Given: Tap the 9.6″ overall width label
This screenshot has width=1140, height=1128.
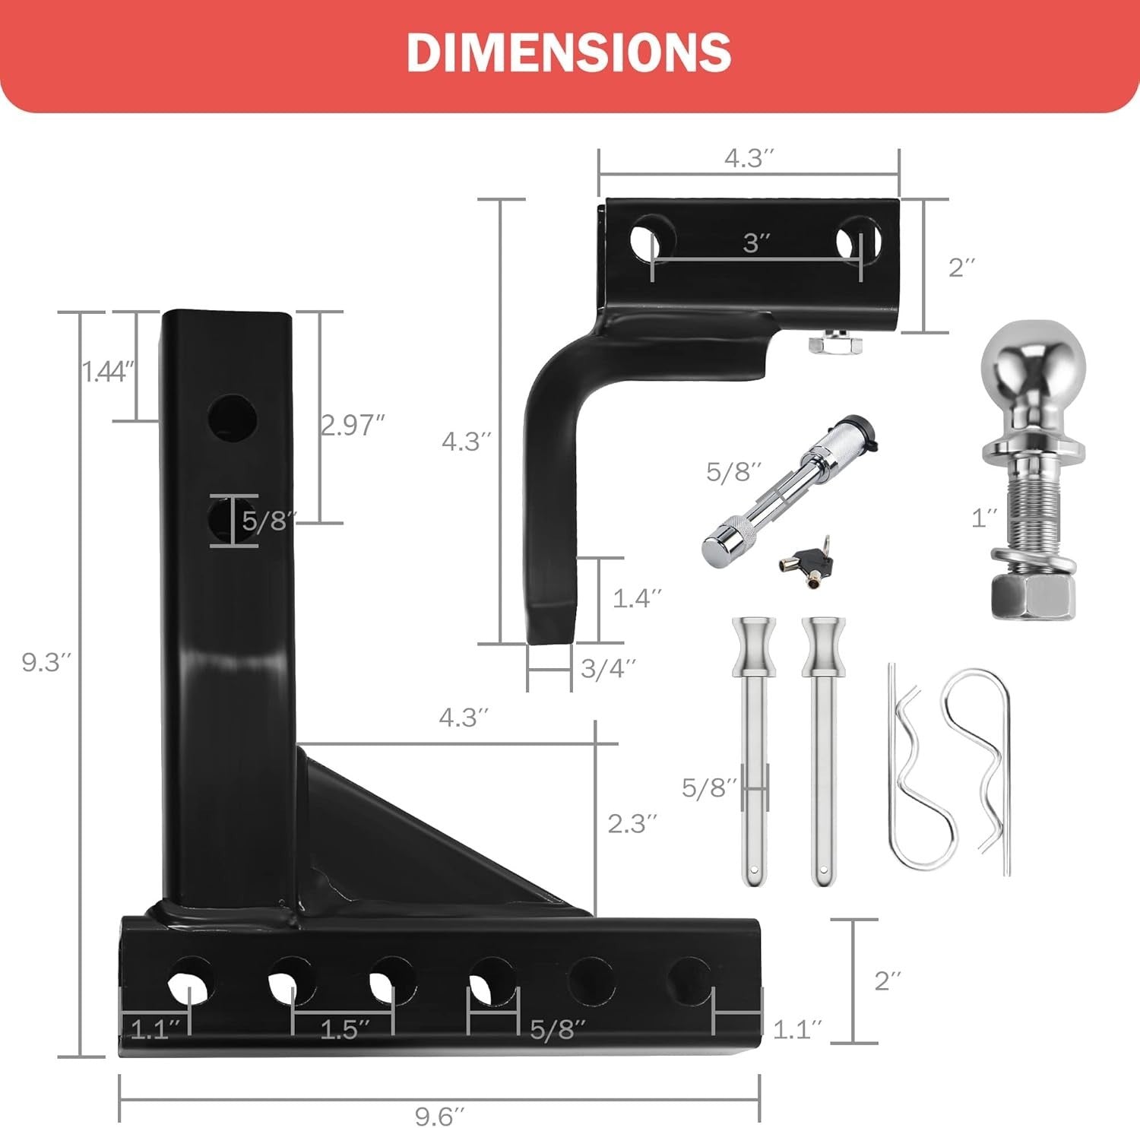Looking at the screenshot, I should tap(439, 1114).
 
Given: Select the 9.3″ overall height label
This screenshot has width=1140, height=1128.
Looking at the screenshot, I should tap(46, 662).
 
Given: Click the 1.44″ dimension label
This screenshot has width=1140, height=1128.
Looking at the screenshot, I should tap(109, 371).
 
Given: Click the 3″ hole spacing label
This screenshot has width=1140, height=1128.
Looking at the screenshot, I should tap(756, 242).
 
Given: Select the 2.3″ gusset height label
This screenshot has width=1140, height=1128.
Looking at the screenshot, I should tap(632, 822).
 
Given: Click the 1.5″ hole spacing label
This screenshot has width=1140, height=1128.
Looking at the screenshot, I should tap(344, 1029).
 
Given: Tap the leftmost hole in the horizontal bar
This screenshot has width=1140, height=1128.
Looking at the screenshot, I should tap(191, 980).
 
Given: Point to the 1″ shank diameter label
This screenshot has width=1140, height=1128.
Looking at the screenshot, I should tap(984, 518).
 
